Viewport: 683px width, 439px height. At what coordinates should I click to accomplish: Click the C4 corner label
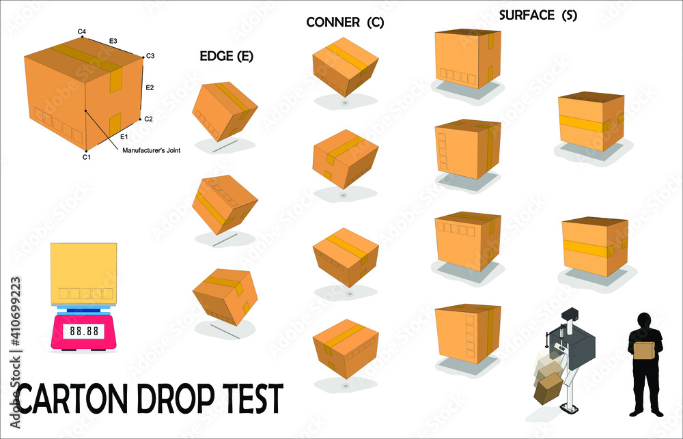click(81, 31)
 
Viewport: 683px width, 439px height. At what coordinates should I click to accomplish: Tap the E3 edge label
click(113, 41)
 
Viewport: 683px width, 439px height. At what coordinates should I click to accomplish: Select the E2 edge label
click(150, 87)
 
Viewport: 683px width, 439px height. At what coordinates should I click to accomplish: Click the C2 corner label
click(148, 119)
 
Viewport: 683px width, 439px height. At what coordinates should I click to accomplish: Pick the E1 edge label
click(124, 137)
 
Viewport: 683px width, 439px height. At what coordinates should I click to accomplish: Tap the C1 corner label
click(86, 158)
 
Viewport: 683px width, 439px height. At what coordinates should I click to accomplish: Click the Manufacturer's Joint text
click(151, 151)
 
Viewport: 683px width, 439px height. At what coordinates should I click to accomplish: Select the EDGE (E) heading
click(226, 57)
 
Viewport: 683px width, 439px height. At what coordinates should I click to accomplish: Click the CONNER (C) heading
click(345, 23)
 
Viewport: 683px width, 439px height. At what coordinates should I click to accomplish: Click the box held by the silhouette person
click(643, 350)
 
